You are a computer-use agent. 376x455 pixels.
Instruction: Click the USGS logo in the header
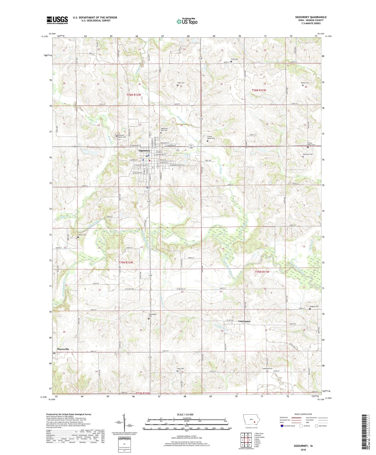57,20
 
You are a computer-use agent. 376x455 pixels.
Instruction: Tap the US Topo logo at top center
187,21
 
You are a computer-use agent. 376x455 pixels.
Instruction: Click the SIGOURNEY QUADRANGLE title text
311,17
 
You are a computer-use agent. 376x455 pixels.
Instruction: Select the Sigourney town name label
144,151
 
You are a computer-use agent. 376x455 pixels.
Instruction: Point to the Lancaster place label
244,321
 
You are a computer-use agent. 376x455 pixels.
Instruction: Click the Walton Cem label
305,83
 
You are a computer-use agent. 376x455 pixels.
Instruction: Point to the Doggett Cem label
314,306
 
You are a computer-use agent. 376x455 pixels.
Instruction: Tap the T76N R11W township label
259,90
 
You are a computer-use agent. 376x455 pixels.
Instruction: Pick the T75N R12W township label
126,263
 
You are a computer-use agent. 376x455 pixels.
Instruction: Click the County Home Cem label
211,138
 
